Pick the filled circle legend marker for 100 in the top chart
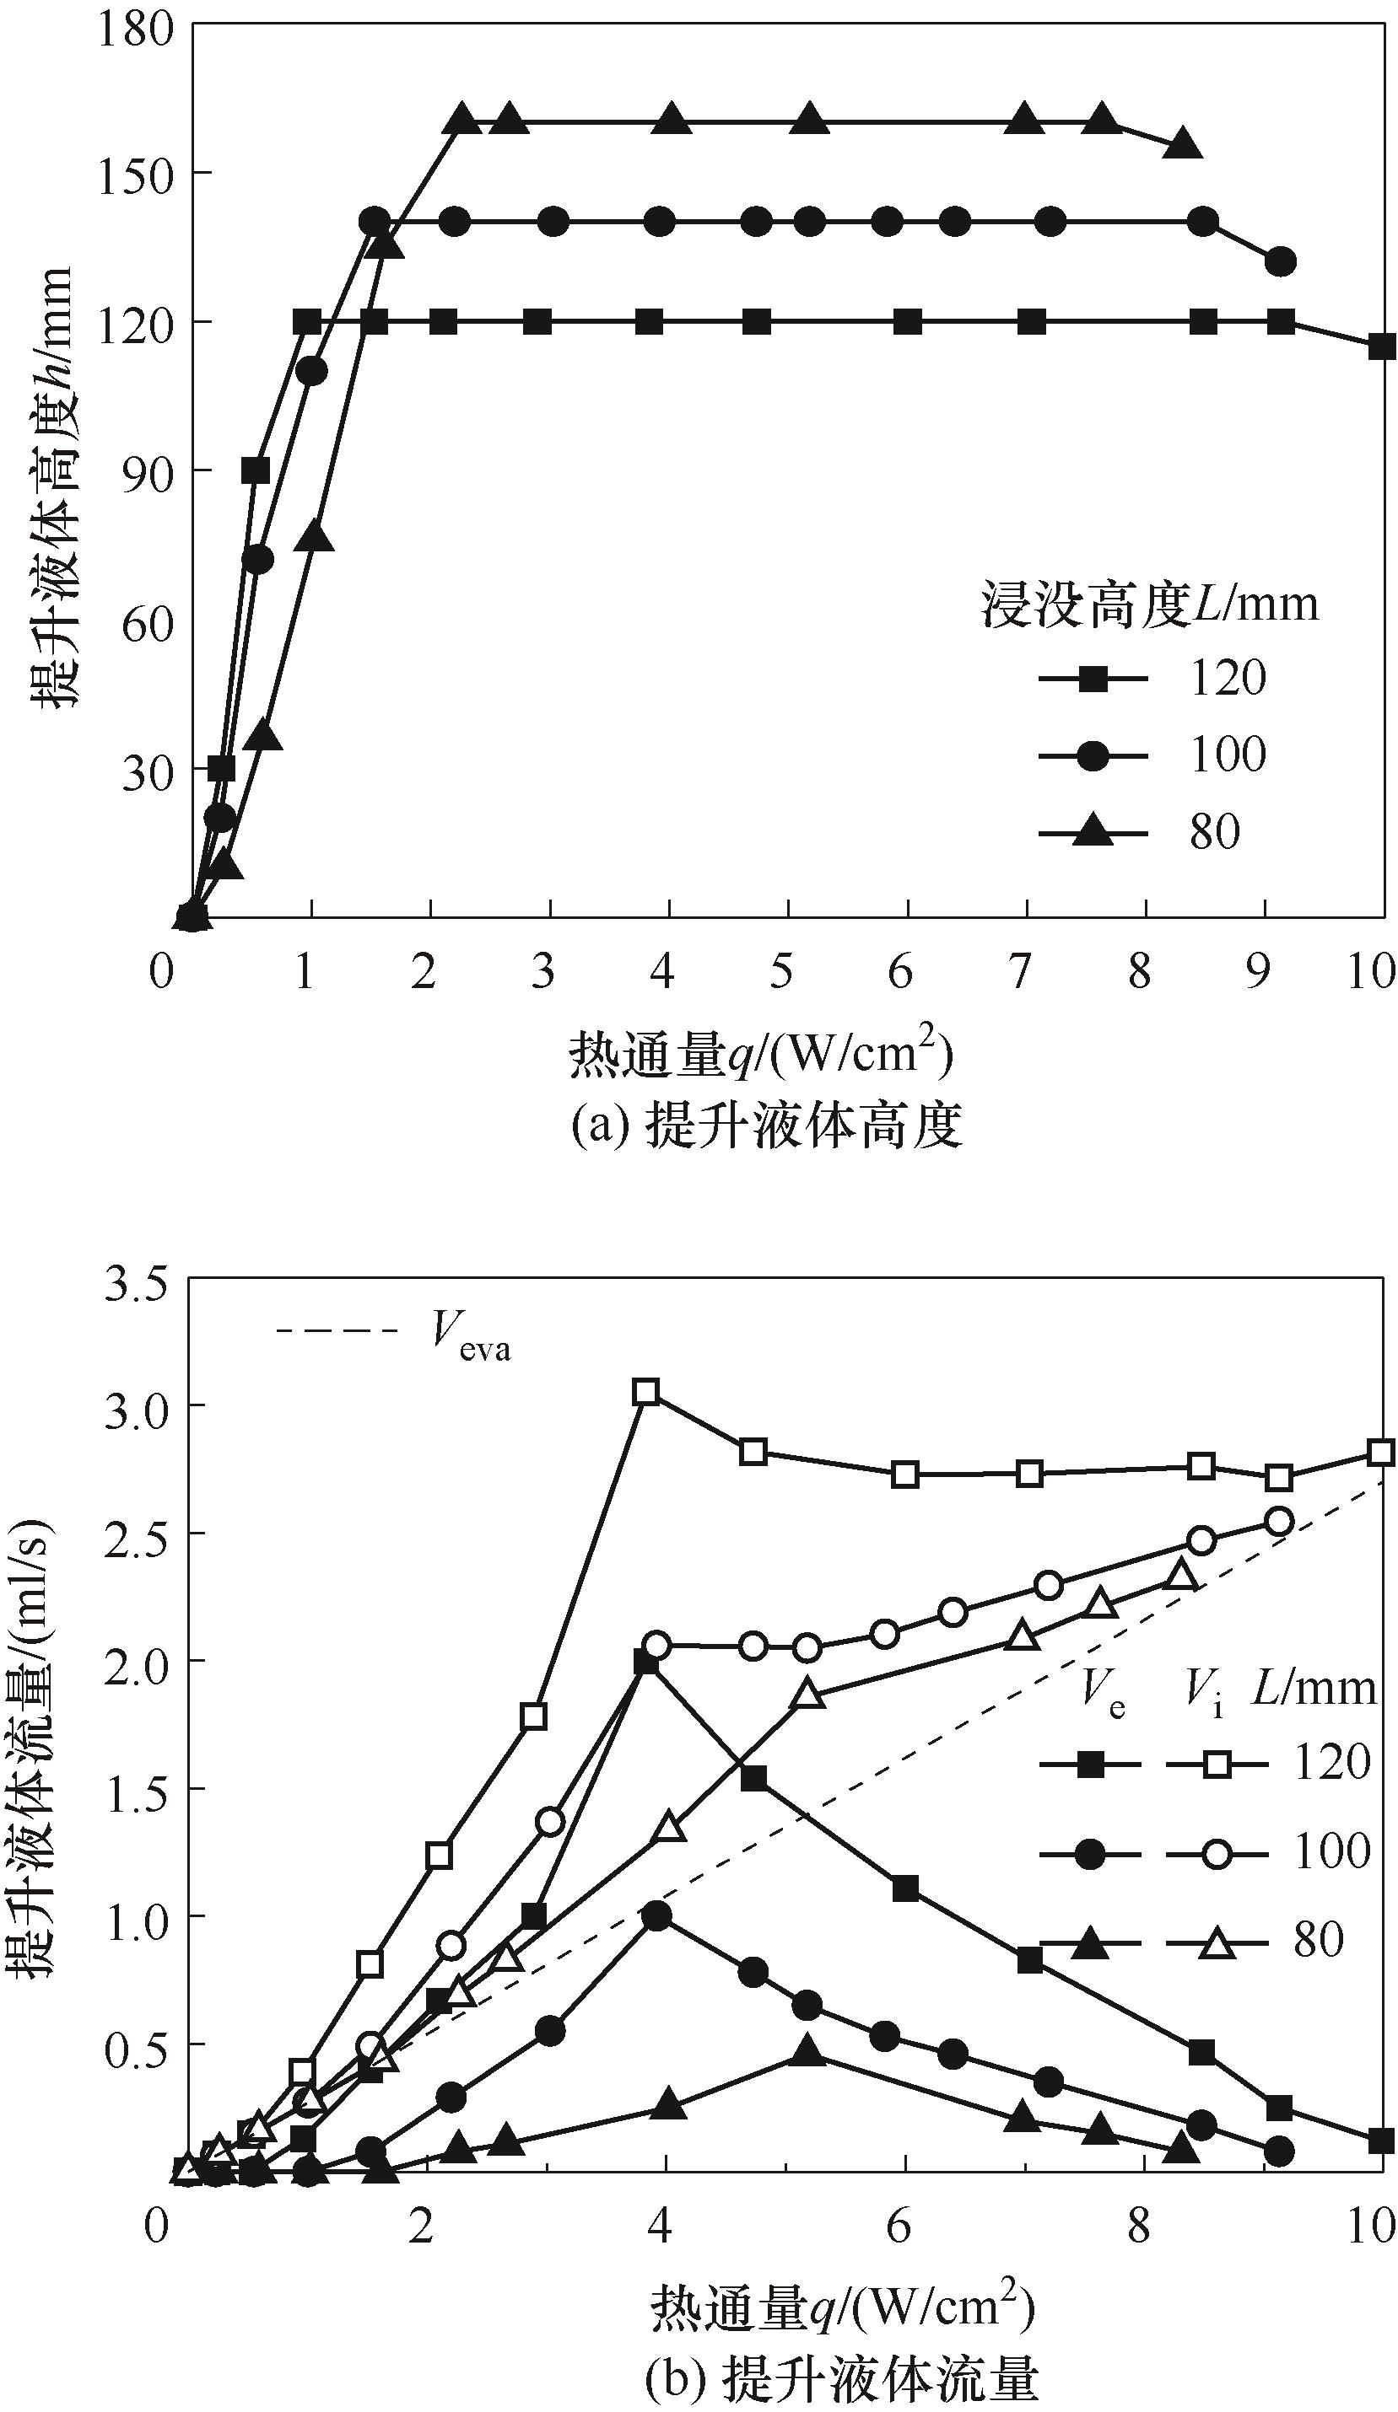click(x=1093, y=756)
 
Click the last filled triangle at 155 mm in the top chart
click(x=1184, y=144)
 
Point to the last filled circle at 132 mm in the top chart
click(x=1280, y=261)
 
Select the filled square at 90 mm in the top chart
click(x=256, y=471)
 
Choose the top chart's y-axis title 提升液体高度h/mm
click(x=52, y=488)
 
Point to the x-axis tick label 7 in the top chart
click(x=1021, y=972)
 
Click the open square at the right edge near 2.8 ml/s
click(x=1379, y=1452)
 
